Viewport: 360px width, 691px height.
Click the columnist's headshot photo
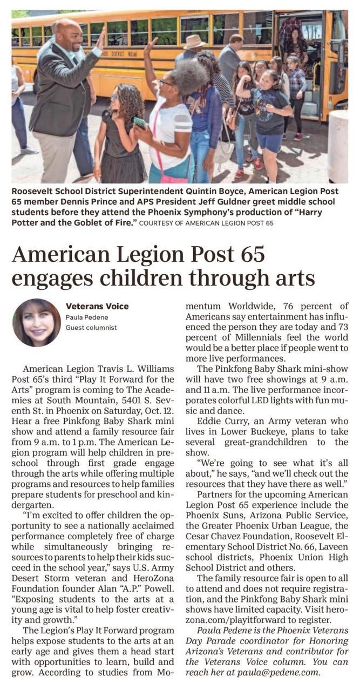37,322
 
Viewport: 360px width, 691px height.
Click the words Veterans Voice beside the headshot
97,307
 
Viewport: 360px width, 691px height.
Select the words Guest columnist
91,327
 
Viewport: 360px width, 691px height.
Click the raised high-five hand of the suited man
101,38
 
